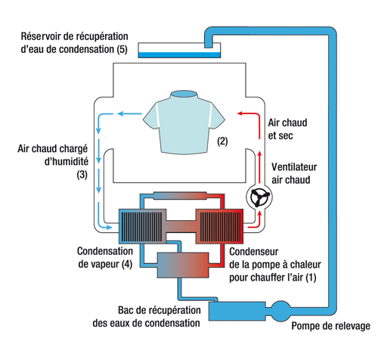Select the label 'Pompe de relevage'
[x=330, y=327]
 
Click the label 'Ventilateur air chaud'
[x=296, y=173]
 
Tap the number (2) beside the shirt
[x=223, y=141]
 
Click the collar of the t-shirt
[x=184, y=94]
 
